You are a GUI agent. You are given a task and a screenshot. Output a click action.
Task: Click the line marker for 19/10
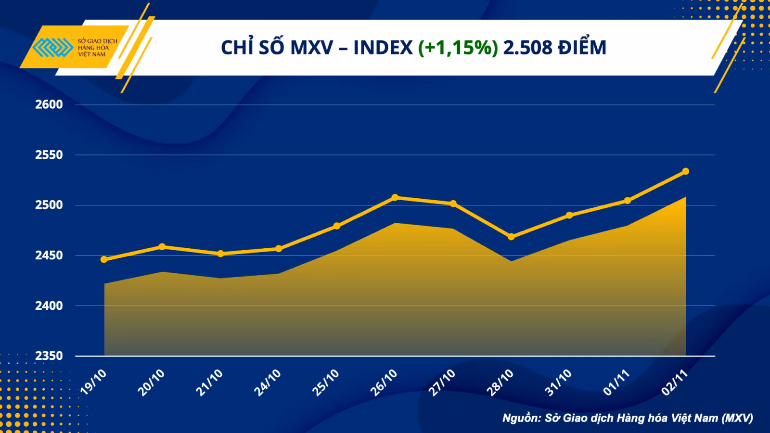104,259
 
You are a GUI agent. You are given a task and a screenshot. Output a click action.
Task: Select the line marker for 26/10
395,198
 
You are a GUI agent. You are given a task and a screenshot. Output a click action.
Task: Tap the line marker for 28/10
511,237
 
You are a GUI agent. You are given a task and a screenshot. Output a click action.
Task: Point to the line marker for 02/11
685,171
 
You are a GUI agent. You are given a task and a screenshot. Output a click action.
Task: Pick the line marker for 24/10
279,248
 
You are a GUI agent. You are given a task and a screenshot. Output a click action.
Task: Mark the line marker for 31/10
569,215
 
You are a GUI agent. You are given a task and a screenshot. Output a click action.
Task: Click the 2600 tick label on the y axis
49,104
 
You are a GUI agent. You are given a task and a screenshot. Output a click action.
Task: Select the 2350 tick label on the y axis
49,356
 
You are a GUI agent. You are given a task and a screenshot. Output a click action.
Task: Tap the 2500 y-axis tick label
49,205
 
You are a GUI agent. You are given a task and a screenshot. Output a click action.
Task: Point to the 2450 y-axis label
49,255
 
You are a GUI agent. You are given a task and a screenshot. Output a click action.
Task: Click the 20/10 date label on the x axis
151,382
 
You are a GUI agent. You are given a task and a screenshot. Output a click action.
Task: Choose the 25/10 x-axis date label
325,382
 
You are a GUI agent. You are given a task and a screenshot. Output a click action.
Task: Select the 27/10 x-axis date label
442,382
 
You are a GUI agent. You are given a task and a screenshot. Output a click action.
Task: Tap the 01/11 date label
616,382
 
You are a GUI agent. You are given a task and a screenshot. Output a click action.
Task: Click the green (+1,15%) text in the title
458,48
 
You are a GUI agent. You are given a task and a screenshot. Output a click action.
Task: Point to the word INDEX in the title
383,48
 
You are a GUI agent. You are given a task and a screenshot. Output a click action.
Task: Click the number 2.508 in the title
528,48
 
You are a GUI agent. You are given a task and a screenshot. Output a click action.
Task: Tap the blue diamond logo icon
53,47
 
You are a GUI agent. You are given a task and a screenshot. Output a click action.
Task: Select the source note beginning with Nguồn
628,418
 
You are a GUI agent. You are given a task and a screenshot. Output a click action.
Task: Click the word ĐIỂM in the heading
582,46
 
